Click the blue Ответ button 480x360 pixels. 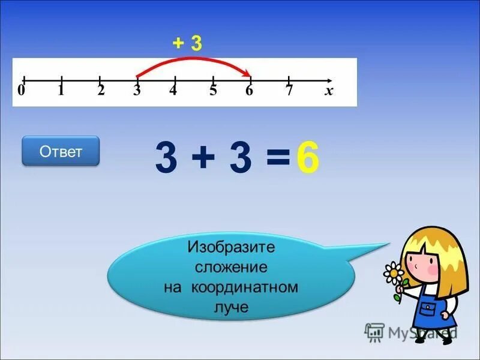[61, 151]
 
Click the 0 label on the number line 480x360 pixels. [21, 91]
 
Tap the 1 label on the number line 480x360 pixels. [61, 91]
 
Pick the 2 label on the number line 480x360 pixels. [101, 91]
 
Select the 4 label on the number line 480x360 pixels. [173, 91]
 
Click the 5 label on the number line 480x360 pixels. [213, 91]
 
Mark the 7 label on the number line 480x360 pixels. [289, 91]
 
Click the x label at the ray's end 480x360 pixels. [329, 91]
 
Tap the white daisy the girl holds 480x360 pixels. [394, 273]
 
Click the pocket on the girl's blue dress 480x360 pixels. [427, 308]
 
